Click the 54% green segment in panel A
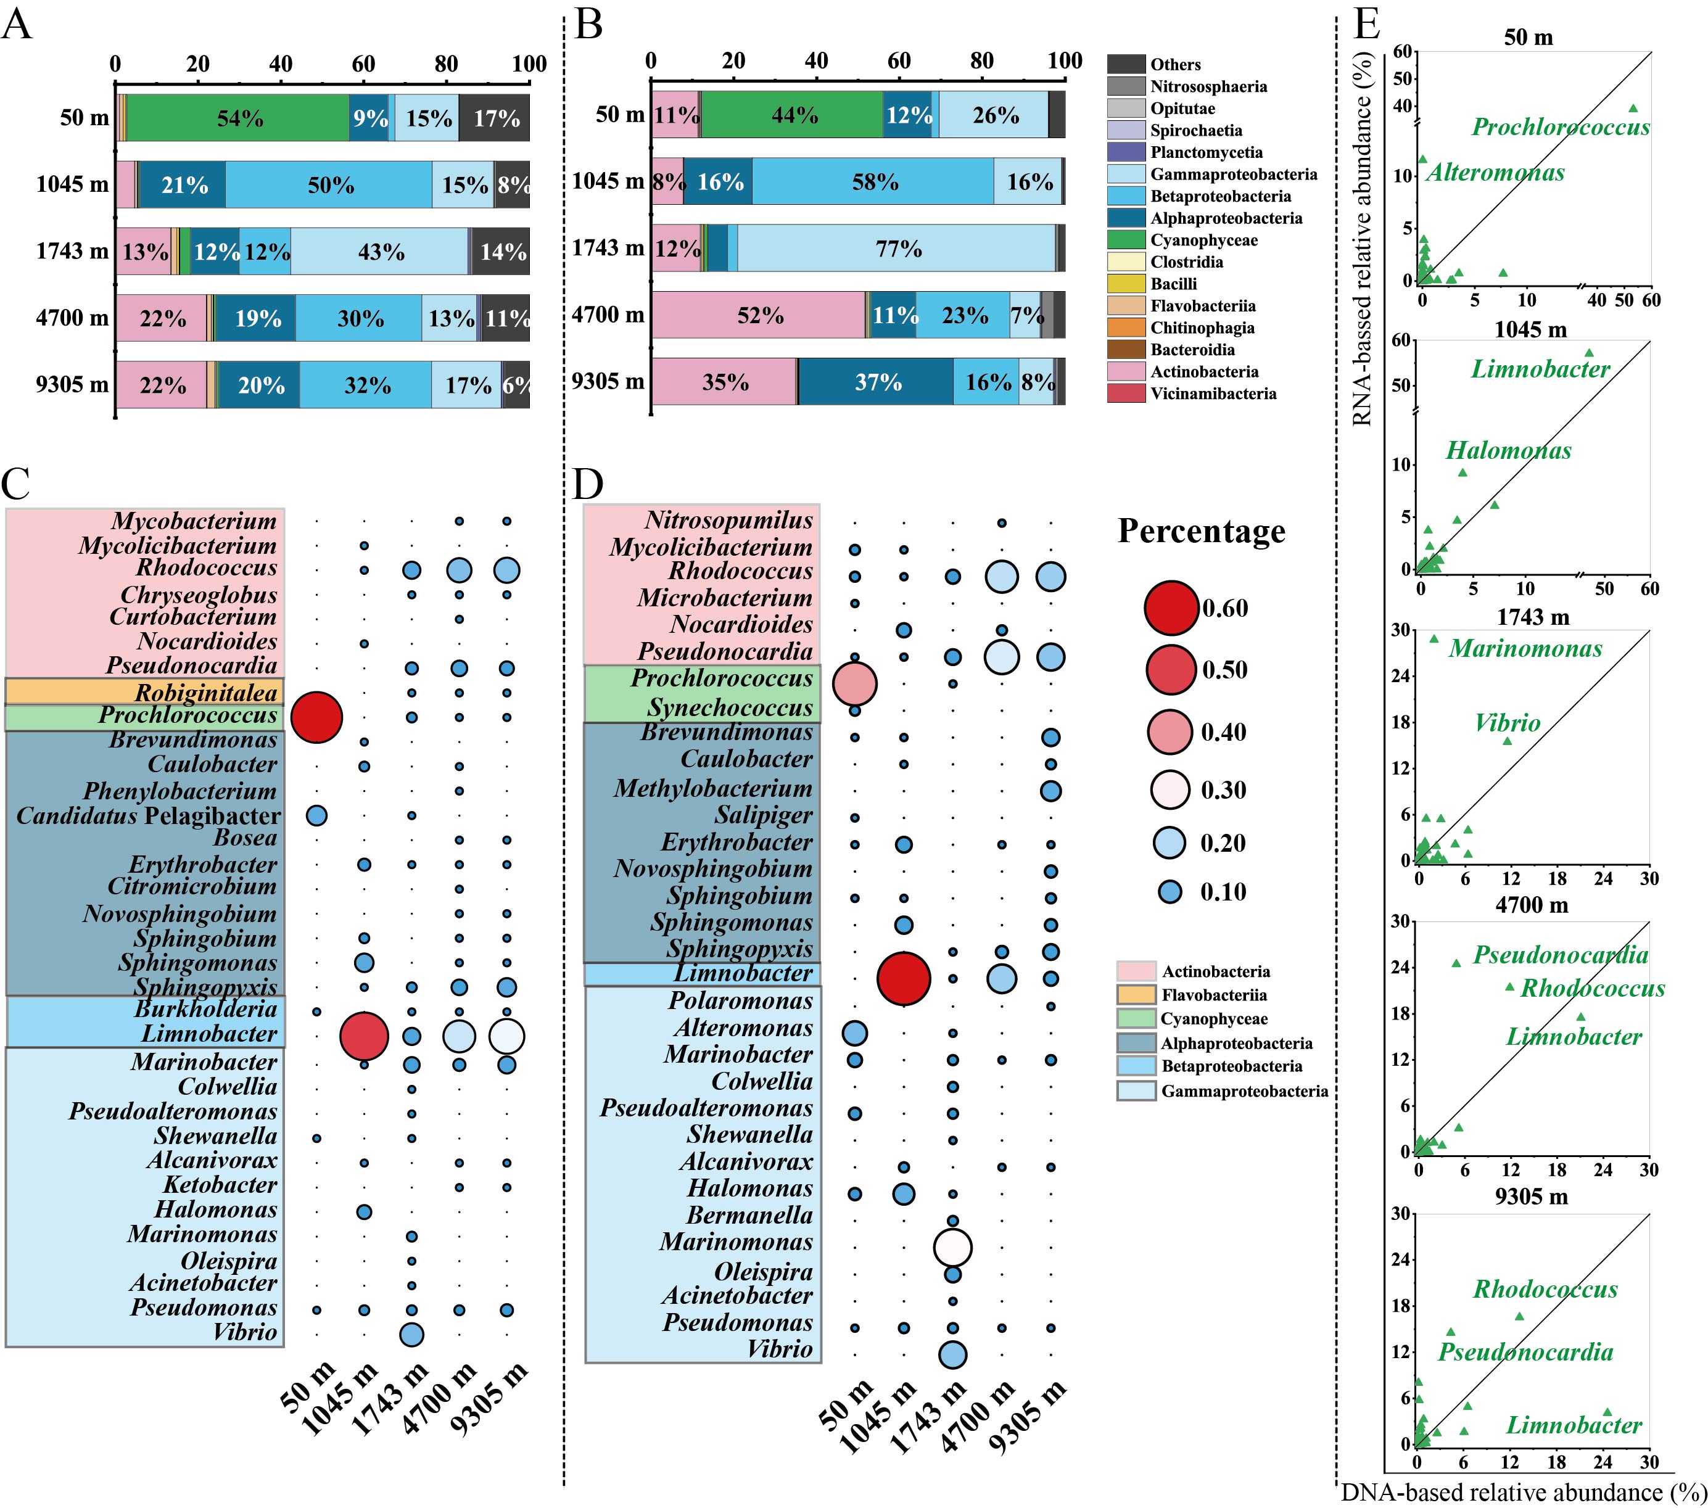238,118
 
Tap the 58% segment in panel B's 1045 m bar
873,181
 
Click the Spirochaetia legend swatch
1126,130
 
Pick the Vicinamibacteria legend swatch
1126,393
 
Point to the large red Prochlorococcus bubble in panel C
316,717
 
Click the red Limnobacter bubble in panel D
903,978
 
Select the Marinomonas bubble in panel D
952,1247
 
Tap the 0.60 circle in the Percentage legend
1171,608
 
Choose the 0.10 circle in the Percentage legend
1170,891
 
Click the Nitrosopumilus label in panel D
728,520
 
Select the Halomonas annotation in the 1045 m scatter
1508,450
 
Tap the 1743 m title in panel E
1533,617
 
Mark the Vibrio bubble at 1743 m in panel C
411,1334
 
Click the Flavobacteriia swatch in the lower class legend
1136,995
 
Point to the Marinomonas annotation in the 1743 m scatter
1525,648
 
